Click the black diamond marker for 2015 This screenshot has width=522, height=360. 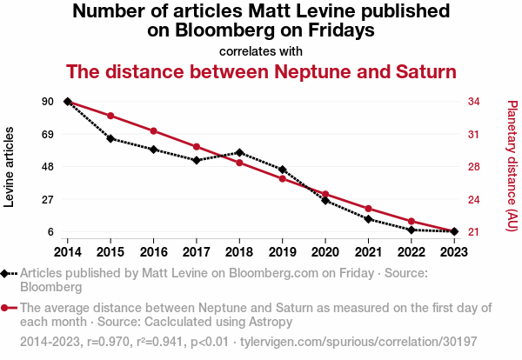pyautogui.click(x=110, y=138)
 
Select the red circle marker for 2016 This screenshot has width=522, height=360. pyautogui.click(x=153, y=131)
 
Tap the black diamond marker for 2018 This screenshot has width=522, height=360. pyautogui.click(x=239, y=153)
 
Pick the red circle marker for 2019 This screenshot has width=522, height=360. pyautogui.click(x=282, y=179)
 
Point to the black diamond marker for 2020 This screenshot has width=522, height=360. pyautogui.click(x=325, y=201)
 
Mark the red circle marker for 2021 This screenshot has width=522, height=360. pyautogui.click(x=368, y=209)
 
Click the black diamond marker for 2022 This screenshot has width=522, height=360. pyautogui.click(x=411, y=230)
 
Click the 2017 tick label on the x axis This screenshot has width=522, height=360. pyautogui.click(x=197, y=251)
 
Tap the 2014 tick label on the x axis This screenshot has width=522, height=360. pyautogui.click(x=68, y=251)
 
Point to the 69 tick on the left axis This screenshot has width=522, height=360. pyautogui.click(x=47, y=134)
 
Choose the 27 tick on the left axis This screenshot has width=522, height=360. pyautogui.click(x=47, y=199)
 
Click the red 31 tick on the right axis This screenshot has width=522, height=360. pyautogui.click(x=474, y=134)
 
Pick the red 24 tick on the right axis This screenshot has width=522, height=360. pyautogui.click(x=474, y=199)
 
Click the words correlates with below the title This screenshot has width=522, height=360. pyautogui.click(x=261, y=51)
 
